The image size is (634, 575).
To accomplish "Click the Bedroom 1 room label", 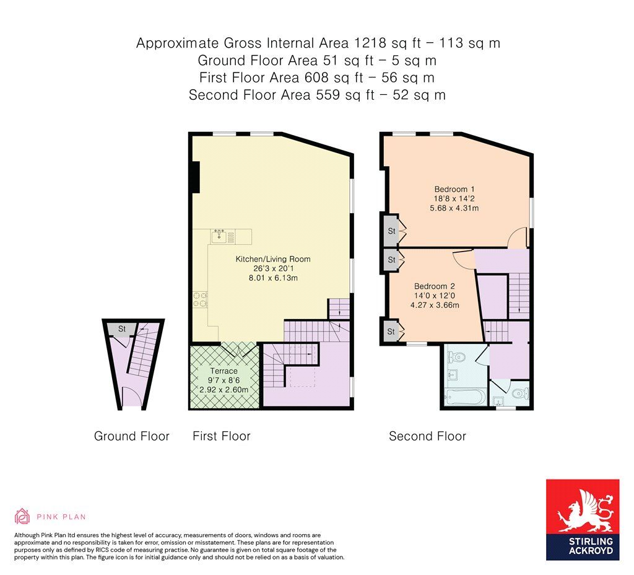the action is click(454, 189).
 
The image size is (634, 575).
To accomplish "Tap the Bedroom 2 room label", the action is click(435, 286).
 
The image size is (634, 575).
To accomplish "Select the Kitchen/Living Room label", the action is click(273, 259).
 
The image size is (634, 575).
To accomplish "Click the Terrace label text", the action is click(224, 371).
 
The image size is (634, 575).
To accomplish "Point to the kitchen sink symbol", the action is click(222, 236).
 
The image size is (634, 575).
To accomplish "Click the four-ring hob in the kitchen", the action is click(200, 300).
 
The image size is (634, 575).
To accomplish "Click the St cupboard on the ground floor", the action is click(122, 330).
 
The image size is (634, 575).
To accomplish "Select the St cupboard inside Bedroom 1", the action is click(391, 231).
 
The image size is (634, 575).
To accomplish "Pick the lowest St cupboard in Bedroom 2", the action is click(391, 332).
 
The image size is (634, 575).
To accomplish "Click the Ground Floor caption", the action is click(131, 436).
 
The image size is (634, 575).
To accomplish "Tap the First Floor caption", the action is click(222, 436).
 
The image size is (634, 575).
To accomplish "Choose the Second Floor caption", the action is click(427, 436).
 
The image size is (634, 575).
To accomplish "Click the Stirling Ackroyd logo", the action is click(583, 520).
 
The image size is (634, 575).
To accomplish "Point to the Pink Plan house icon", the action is click(22, 516).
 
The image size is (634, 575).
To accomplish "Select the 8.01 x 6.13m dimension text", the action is click(273, 278).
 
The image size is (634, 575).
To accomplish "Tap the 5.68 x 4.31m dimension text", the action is click(454, 208).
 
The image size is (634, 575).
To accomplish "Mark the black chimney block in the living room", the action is click(196, 177).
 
